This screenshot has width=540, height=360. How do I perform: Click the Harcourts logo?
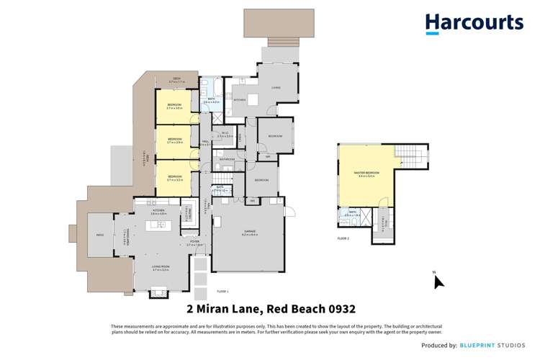point(474,23)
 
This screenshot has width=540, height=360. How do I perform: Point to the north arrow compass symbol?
point(438,280)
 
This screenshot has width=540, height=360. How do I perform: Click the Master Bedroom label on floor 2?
point(366,174)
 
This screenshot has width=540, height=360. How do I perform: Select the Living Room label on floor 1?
point(161,269)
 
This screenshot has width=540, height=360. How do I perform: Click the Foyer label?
point(194,242)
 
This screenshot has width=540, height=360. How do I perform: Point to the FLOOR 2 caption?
point(343,238)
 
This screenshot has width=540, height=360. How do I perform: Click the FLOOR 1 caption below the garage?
point(222,291)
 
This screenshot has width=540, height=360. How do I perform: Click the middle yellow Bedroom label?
point(175,140)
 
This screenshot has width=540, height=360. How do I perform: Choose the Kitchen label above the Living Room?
point(158,212)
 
